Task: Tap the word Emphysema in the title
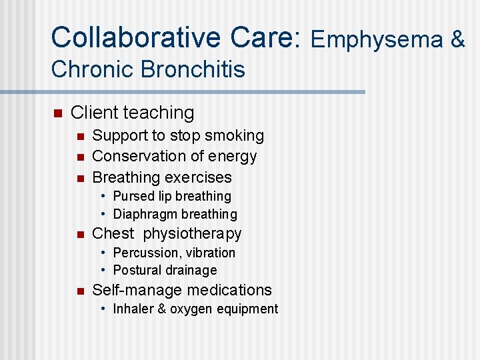376,40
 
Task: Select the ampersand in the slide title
457,40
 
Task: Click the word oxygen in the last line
195,309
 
